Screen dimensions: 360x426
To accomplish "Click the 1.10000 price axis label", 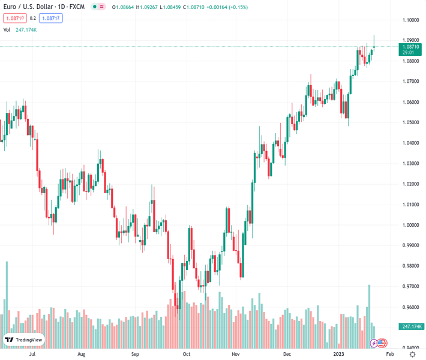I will click(x=410, y=20).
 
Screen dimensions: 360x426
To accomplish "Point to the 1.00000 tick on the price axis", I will click(x=410, y=225).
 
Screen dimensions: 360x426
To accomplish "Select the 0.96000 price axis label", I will click(x=410, y=307).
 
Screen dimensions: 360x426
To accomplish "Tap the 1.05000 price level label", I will click(x=410, y=122).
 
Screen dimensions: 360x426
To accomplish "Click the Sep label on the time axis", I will click(x=135, y=354).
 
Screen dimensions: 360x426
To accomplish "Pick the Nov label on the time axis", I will click(x=235, y=354).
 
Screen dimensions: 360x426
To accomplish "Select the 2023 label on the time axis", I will click(x=339, y=354).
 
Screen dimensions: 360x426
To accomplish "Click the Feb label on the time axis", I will click(x=389, y=354).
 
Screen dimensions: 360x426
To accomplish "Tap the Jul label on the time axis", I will click(x=33, y=354).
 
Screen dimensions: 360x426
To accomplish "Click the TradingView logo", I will click(x=24, y=340).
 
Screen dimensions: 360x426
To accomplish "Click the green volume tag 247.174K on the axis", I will click(x=411, y=326).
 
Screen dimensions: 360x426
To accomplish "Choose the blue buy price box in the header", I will click(x=51, y=18).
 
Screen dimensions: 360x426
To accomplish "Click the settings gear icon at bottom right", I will click(x=412, y=354).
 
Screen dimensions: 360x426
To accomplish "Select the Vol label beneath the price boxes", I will click(x=7, y=29).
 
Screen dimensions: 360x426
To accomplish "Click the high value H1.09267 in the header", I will click(x=146, y=7).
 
